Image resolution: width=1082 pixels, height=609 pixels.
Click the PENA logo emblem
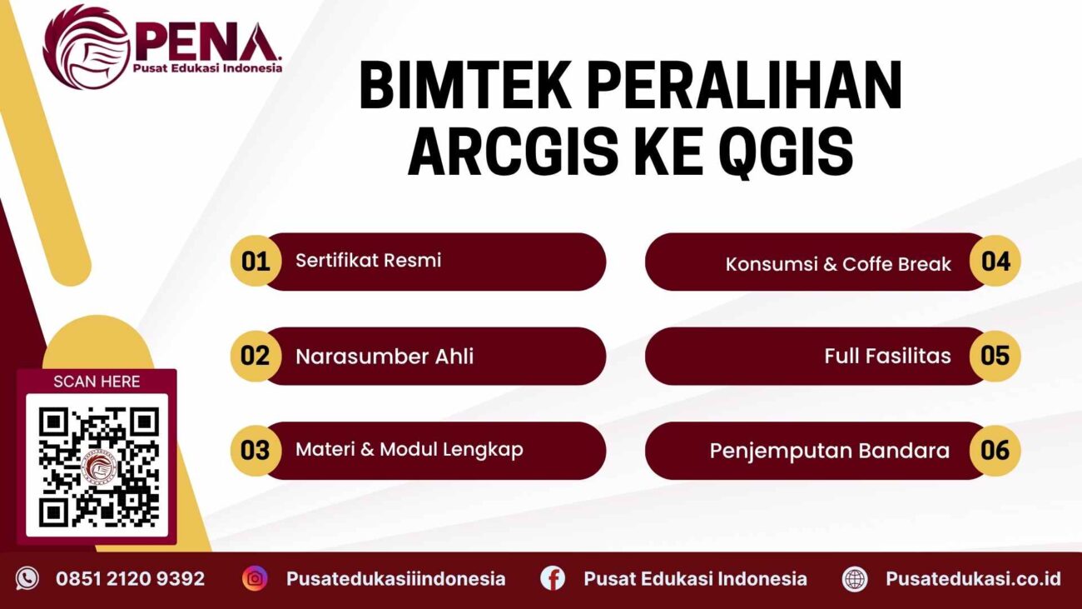point(85,47)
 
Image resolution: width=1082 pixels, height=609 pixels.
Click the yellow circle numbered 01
point(256,262)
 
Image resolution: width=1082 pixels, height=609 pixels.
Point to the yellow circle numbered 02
point(256,356)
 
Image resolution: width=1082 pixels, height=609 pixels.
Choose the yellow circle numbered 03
point(256,451)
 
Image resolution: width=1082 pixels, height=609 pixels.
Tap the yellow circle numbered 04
point(995,262)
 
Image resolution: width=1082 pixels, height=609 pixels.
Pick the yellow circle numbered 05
point(995,356)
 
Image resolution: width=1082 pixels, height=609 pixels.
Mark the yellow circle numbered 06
point(995,451)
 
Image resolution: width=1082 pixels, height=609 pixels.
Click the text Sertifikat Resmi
point(368,260)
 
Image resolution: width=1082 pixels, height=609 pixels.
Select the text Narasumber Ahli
point(385,357)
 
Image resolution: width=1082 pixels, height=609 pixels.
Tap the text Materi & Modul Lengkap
point(409,450)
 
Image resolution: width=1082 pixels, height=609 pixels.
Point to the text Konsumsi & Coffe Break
point(838,265)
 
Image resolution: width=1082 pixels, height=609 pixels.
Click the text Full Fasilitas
point(887,357)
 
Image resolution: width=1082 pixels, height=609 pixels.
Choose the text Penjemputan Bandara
point(829,452)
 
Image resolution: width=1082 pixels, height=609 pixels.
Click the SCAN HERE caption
point(97,382)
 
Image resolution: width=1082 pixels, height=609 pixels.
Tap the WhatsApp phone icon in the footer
point(27,578)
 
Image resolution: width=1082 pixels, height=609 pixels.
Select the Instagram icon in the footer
point(255,578)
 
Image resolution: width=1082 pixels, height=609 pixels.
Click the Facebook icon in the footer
point(552,578)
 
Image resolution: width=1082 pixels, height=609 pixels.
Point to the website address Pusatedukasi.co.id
point(973,578)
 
